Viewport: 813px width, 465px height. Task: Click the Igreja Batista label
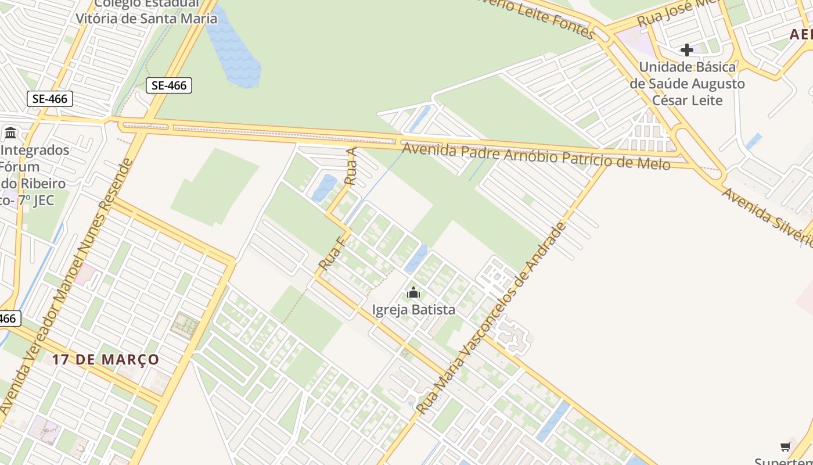(x=413, y=310)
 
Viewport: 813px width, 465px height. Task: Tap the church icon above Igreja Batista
(x=413, y=292)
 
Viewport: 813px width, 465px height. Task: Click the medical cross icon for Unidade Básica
(x=687, y=50)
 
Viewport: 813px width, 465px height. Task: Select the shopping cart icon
(x=786, y=446)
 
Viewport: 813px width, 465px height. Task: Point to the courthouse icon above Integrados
(x=10, y=133)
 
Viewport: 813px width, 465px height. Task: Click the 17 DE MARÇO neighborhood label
(x=106, y=359)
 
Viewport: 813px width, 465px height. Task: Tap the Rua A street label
(x=350, y=166)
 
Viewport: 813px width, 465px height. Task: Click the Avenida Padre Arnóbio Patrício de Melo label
(x=537, y=156)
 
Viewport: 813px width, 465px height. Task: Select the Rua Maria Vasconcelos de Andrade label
(x=491, y=319)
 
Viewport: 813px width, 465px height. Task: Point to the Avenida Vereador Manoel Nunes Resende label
(x=66, y=285)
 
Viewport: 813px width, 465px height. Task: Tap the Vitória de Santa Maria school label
(x=146, y=18)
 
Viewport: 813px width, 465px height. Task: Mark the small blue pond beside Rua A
(x=323, y=188)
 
